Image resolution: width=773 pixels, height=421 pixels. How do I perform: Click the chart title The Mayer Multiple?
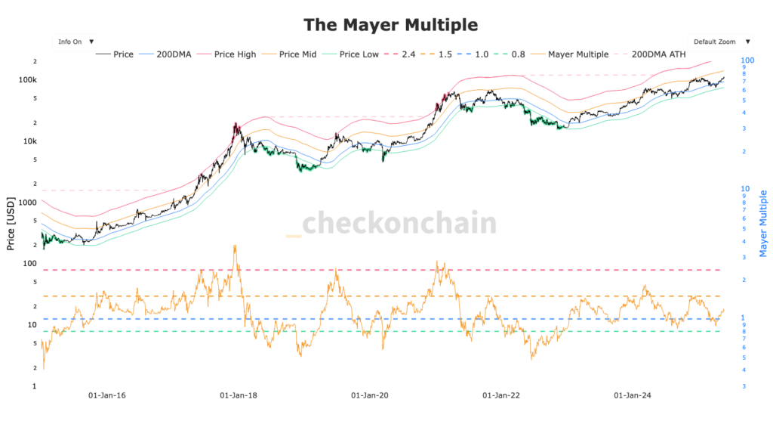coord(390,24)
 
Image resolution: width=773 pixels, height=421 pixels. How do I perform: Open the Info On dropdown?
coord(74,42)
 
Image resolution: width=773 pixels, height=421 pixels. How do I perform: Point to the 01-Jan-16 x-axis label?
coord(108,395)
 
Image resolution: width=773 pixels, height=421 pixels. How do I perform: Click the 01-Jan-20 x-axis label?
coord(370,395)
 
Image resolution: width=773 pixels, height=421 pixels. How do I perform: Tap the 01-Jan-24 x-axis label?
coord(633,395)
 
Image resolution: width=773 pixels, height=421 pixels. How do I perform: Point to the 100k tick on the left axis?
coord(28,79)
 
